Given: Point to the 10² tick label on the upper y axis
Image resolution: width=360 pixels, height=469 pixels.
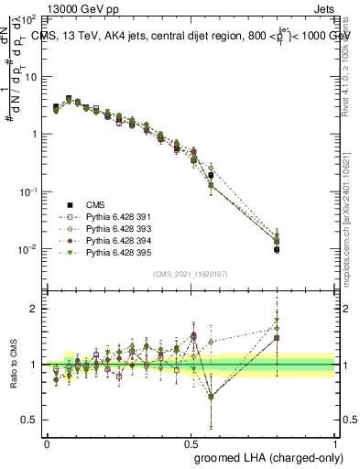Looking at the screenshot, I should [x=30, y=19].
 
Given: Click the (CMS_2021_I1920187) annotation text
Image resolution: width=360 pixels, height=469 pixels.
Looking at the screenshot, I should [x=191, y=274].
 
